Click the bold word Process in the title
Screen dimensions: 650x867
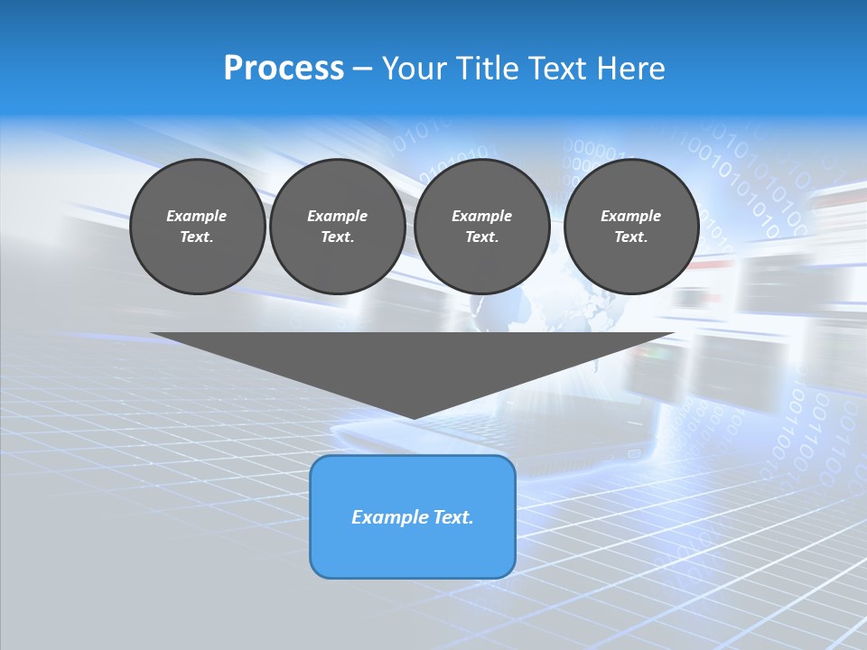(x=284, y=69)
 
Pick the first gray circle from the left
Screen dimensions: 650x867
(x=197, y=227)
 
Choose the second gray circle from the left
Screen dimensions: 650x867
(x=337, y=227)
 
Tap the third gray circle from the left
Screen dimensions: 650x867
(x=481, y=227)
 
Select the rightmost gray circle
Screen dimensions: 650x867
(x=630, y=227)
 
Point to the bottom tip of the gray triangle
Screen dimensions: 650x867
(x=413, y=417)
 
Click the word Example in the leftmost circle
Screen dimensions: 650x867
(x=197, y=217)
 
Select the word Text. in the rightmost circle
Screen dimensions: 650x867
(x=630, y=237)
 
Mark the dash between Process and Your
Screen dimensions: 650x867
(x=363, y=70)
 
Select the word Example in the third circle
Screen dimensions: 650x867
(x=481, y=217)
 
